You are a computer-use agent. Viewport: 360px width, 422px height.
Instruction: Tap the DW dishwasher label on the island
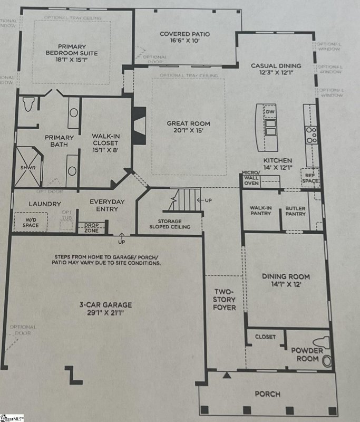270,112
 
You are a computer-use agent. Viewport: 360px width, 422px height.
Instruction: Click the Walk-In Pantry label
260,210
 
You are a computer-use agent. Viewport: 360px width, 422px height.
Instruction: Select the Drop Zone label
91,227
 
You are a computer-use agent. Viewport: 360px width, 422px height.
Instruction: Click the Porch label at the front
267,394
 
